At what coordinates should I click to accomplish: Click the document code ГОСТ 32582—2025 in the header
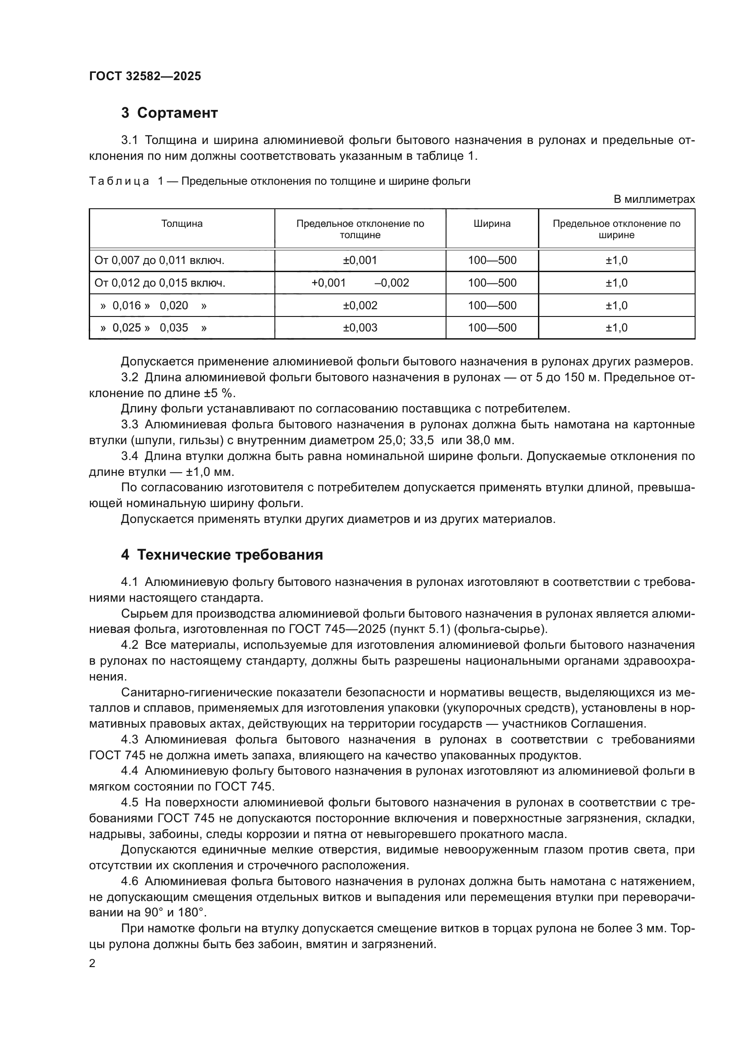pyautogui.click(x=145, y=77)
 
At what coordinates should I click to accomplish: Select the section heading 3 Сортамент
pyautogui.click(x=169, y=113)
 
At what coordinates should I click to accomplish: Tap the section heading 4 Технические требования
pyautogui.click(x=222, y=555)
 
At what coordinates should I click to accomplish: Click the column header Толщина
pyautogui.click(x=182, y=224)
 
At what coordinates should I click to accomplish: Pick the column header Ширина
pyautogui.click(x=492, y=224)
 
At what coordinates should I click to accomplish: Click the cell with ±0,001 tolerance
pyautogui.click(x=360, y=260)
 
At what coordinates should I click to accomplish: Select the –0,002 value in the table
pyautogui.click(x=392, y=283)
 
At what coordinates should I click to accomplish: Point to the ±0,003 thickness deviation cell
pyautogui.click(x=360, y=328)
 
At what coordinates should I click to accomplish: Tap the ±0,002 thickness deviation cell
pyautogui.click(x=360, y=305)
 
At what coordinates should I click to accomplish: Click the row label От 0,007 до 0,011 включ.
pyautogui.click(x=159, y=261)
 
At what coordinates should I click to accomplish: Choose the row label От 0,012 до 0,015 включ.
pyautogui.click(x=159, y=283)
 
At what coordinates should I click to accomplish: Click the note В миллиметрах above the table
pyautogui.click(x=653, y=200)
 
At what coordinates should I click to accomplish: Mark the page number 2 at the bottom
pyautogui.click(x=92, y=963)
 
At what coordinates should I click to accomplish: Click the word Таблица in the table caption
pyautogui.click(x=119, y=181)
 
